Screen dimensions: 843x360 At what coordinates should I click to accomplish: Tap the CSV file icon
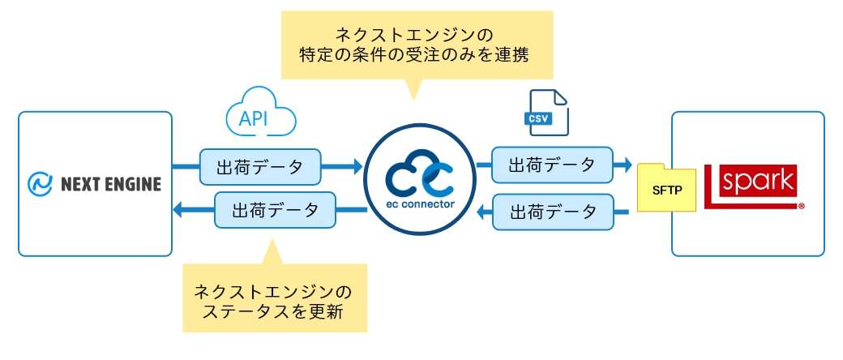(546, 113)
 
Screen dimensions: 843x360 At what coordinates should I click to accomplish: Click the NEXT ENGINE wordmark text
(111, 185)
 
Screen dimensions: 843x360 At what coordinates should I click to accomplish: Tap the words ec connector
(420, 204)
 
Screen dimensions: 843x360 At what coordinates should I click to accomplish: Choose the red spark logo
(751, 186)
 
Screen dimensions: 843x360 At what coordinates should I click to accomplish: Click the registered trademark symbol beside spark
(802, 206)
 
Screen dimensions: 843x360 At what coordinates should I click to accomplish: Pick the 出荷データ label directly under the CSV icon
(552, 165)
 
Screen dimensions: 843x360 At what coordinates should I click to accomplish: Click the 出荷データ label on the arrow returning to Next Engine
(276, 210)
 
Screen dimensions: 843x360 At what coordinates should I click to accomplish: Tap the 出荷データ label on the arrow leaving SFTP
(553, 212)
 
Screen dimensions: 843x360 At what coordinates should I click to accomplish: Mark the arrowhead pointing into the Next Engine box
(179, 210)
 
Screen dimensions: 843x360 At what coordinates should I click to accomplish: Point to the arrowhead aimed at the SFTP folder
(626, 165)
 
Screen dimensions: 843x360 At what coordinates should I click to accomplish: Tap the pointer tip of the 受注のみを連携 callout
(413, 100)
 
